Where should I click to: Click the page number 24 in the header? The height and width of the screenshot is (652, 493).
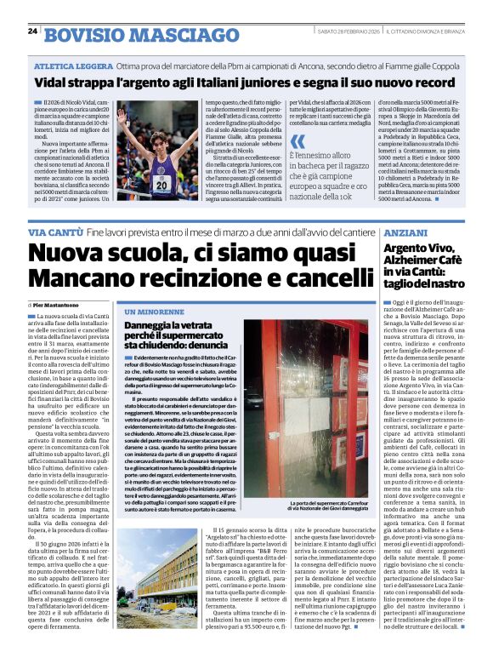[33, 31]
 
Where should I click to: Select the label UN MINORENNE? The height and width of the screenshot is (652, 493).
[150, 312]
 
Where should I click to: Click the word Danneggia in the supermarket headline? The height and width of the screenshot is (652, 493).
[154, 326]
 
